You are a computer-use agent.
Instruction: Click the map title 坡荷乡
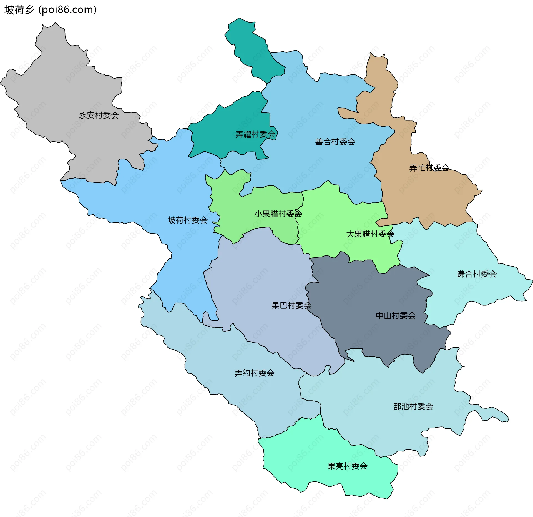(19, 10)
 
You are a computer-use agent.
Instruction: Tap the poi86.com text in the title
(68, 10)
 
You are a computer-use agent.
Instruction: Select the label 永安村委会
(99, 115)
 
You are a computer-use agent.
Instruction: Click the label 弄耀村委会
(255, 135)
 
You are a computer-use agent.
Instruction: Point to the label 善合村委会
(335, 142)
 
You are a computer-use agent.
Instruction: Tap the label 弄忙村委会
(429, 168)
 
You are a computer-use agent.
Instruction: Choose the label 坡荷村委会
(188, 220)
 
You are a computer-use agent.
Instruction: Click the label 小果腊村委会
(278, 214)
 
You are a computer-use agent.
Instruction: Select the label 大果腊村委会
(370, 234)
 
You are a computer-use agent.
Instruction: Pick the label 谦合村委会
(477, 274)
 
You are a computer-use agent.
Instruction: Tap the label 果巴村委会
(291, 306)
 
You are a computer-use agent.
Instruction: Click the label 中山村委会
(396, 316)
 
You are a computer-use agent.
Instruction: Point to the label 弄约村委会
(254, 373)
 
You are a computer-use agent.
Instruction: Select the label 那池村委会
(413, 406)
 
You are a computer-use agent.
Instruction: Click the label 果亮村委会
(347, 466)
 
